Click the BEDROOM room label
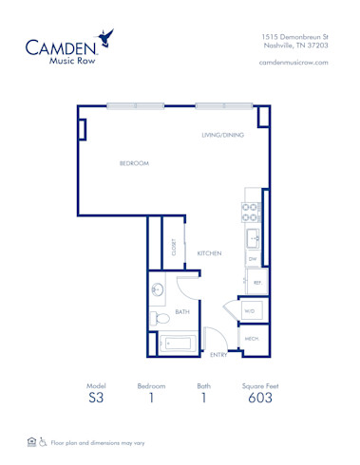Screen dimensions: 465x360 click(134, 163)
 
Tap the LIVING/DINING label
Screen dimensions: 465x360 click(222, 135)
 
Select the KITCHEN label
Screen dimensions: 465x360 click(209, 253)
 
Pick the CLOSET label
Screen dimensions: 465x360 click(174, 248)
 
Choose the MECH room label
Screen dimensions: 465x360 click(252, 338)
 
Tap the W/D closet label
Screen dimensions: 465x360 click(249, 310)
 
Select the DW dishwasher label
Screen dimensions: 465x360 click(253, 257)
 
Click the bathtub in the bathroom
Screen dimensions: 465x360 click(179, 342)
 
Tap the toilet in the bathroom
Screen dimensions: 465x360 click(159, 317)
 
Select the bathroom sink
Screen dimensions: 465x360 click(159, 290)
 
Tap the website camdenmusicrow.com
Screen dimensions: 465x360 click(293, 62)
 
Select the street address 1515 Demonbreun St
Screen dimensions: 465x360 click(294, 36)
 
